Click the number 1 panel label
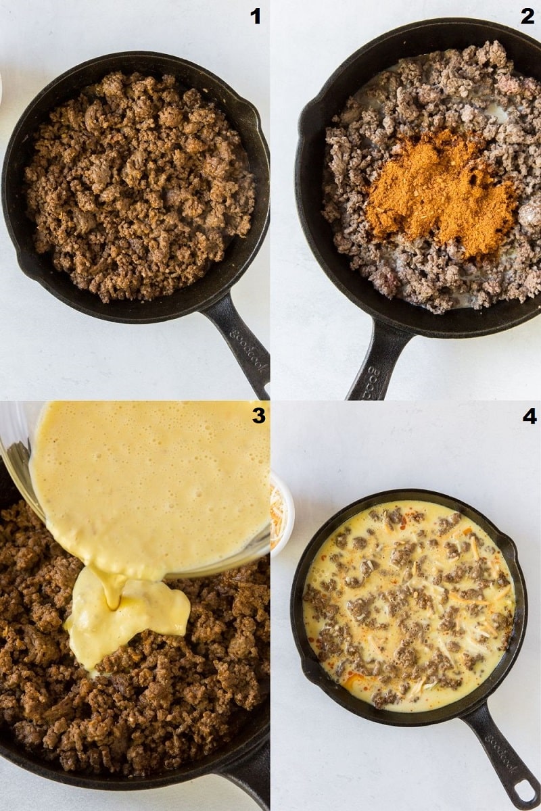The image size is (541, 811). (256, 16)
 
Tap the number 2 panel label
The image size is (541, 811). (527, 16)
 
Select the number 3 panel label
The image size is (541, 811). (258, 416)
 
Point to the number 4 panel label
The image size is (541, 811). (530, 416)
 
